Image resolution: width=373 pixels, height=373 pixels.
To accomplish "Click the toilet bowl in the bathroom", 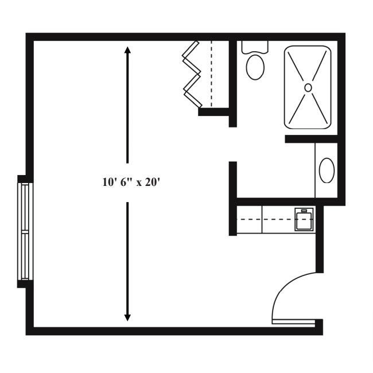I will pos(255,67).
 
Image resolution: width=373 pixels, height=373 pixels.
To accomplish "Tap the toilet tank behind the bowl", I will pos(254,46).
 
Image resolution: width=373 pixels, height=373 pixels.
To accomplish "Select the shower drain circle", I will pos(308,87).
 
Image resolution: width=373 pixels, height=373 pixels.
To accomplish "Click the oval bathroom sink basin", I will pos(327,170).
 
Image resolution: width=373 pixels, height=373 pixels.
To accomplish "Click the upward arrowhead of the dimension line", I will pos(127,52).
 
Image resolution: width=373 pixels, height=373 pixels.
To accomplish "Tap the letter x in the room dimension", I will pos(139,183).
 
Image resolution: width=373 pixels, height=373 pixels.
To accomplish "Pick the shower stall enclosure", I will pos(308,88).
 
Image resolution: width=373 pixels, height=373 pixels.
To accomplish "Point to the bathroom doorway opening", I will pos(233,144).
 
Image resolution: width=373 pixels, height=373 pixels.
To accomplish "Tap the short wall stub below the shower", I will pos(310,139).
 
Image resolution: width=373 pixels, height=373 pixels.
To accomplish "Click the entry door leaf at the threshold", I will pos(293,322).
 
